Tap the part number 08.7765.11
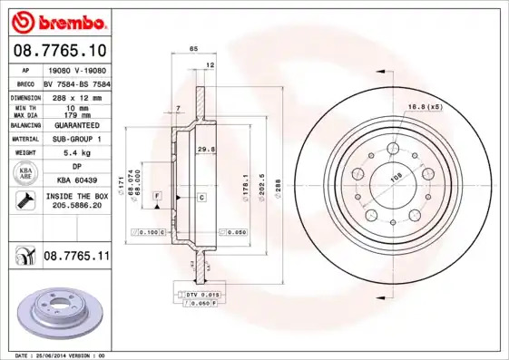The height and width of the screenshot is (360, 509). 76,257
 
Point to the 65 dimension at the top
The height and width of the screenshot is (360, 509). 192,47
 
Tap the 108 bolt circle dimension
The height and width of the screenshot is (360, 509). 396,179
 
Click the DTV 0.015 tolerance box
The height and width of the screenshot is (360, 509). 198,296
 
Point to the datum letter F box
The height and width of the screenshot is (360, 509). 157,196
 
